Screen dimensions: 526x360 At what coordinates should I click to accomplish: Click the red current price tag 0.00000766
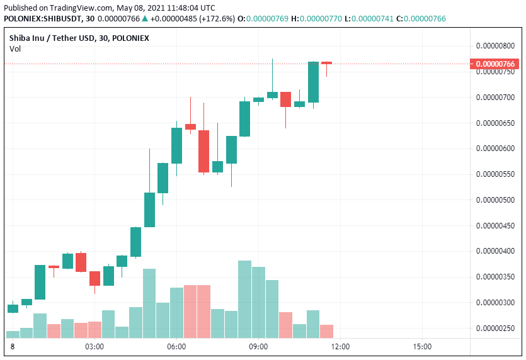point(495,64)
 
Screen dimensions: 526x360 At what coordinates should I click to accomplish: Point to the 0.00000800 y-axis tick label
point(495,45)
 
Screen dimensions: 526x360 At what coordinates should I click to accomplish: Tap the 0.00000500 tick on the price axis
point(495,200)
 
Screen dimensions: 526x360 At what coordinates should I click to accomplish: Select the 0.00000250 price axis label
point(495,328)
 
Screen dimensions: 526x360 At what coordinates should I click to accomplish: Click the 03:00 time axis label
point(94,347)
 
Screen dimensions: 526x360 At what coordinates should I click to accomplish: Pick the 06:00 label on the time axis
point(176,347)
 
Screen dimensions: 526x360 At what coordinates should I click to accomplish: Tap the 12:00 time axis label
point(340,347)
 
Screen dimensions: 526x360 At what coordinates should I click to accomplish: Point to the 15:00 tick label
point(422,347)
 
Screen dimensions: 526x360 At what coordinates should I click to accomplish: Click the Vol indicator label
point(15,49)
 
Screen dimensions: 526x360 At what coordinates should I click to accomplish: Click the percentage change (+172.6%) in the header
point(217,19)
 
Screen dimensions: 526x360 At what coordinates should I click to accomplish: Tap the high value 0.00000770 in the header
point(321,19)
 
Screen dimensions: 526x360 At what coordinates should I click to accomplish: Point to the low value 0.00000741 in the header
point(372,19)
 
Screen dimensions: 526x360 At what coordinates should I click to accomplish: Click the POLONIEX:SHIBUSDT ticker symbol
point(42,19)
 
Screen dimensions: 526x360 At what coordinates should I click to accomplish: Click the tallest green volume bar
point(245,300)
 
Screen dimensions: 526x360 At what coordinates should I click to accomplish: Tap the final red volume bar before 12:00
point(326,331)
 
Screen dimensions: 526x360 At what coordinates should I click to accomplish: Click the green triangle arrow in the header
point(145,18)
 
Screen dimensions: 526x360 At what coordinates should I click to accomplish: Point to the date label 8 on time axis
point(13,347)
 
